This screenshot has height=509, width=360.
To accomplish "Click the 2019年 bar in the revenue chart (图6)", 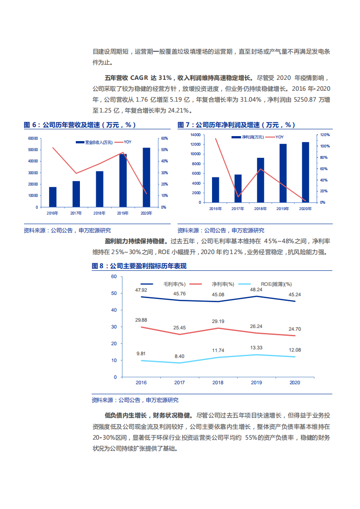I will (123, 181).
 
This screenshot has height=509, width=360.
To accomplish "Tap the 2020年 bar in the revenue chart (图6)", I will (146, 177).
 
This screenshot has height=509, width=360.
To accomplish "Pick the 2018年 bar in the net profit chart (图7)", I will (261, 180).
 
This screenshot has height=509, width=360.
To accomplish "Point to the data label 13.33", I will (256, 348).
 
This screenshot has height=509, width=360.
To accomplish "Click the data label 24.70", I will (295, 328).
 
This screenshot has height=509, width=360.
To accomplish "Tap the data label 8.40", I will (179, 356).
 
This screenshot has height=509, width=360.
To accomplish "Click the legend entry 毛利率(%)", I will (174, 284).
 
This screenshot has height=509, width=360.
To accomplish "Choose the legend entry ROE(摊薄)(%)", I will (277, 284).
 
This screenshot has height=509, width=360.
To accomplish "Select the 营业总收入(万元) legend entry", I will (99, 142).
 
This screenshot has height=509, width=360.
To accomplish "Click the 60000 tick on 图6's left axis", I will (33, 138).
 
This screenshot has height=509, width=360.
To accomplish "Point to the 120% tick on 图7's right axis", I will (325, 135).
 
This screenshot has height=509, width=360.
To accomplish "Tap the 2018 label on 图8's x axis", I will (218, 382).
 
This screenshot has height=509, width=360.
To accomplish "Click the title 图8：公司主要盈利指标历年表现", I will (139, 266).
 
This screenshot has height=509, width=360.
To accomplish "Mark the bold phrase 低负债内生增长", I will (125, 415).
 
